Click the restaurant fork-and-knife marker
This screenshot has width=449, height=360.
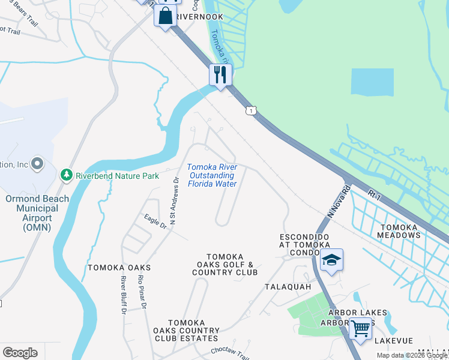point(220,75)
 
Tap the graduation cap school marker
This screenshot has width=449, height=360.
point(331,260)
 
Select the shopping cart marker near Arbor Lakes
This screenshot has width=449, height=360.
point(360,329)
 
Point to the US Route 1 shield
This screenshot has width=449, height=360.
point(251,110)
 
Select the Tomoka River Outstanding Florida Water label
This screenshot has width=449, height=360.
point(212,175)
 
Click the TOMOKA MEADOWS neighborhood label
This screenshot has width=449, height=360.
point(399,230)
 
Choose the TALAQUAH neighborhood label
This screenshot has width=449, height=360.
point(288,287)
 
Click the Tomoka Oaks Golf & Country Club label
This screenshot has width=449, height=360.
point(224,265)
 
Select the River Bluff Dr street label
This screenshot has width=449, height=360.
point(124,295)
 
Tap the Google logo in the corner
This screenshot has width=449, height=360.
point(20,353)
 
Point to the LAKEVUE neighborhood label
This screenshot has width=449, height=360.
point(393,341)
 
